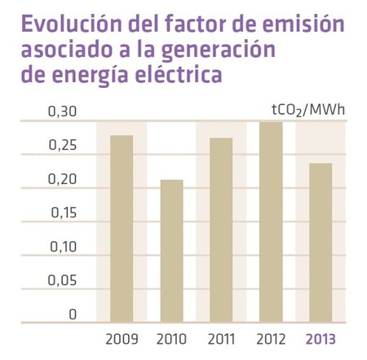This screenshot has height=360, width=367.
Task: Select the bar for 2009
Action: tap(122, 228)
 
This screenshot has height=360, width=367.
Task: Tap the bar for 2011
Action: tap(221, 229)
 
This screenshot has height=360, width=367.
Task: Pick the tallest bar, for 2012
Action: tap(271, 222)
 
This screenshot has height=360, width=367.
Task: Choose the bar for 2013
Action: tap(321, 242)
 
